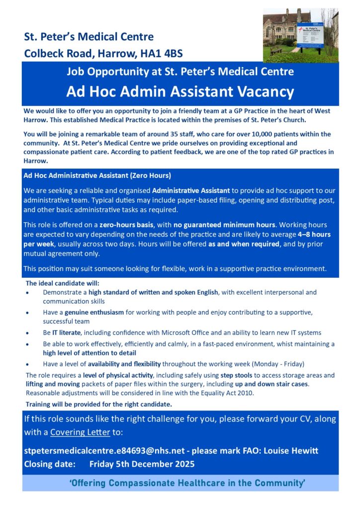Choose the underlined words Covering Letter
click(x=80, y=432)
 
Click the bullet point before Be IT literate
click(x=29, y=333)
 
